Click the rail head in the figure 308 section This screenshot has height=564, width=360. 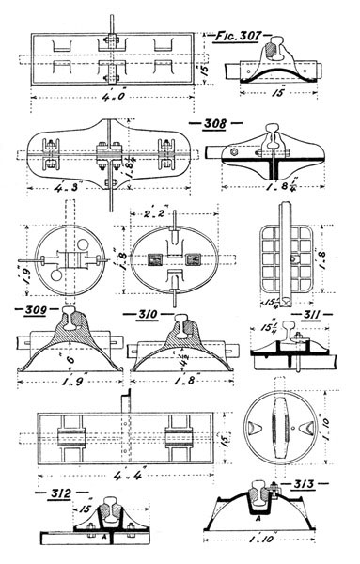[269, 133]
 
